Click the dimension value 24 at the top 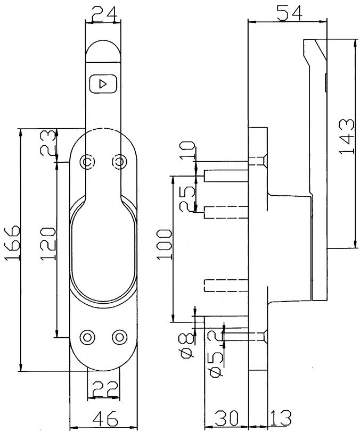103,14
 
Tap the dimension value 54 290,13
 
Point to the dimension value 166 12,244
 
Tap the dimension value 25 187,199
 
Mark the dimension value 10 187,151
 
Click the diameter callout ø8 188,345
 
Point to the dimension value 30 226,418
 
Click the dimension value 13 281,418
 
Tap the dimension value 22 104,389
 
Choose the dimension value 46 105,419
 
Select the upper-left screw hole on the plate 87,161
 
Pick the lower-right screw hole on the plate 120,337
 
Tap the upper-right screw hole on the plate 120,161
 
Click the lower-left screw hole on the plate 87,337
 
